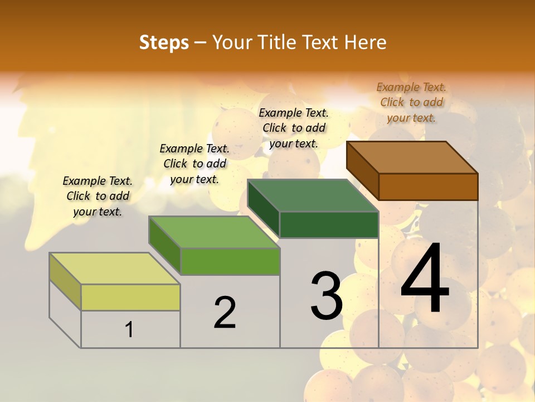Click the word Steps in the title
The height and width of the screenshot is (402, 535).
coord(164,42)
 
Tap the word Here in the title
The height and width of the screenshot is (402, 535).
coord(365,42)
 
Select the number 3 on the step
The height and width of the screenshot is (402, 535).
coord(327,296)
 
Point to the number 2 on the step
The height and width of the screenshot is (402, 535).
coord(225,313)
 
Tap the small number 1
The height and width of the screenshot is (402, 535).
coord(129,329)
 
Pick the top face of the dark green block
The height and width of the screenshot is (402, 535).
coord(313,195)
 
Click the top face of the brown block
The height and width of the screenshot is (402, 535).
coord(412,157)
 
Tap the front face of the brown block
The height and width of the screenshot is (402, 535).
coord(428,186)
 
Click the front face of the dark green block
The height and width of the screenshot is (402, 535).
coord(329,224)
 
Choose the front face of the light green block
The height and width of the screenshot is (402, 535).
coord(230,261)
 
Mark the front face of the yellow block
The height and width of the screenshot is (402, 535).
coord(130,297)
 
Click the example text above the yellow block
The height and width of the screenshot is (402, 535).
coord(98,196)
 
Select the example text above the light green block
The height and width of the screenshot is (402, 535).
coord(194,164)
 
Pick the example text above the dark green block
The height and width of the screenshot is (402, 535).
coord(294,128)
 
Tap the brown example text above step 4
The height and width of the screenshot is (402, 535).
coord(411,102)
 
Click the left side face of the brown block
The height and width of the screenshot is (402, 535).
coord(362,171)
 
